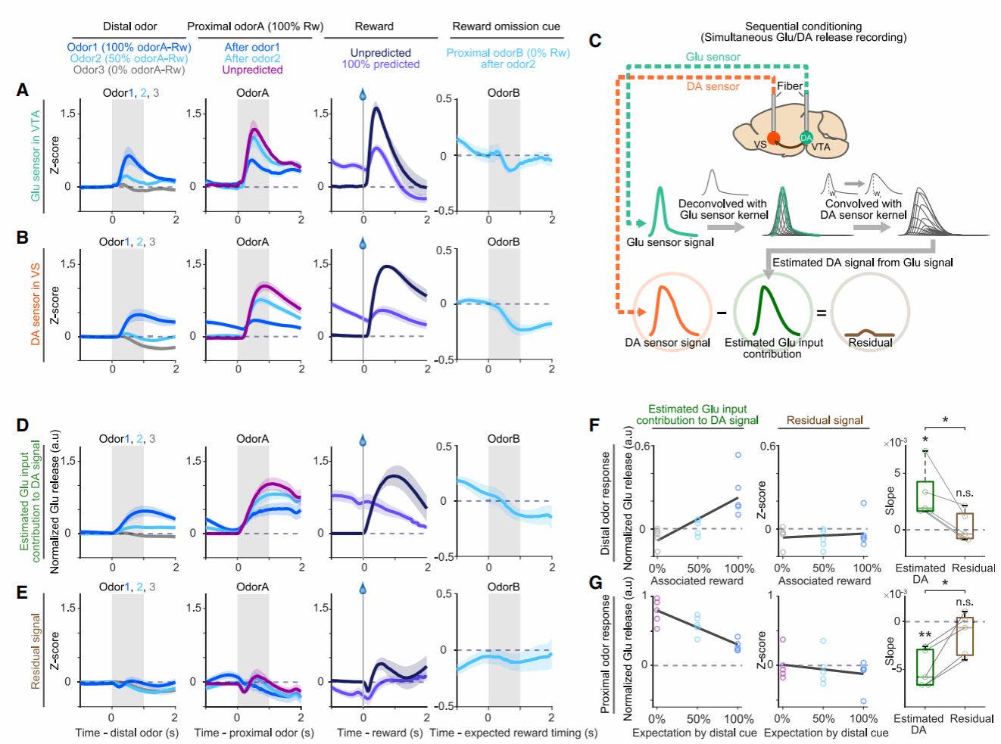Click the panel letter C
[x=595, y=41]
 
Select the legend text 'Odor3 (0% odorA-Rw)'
[x=129, y=70]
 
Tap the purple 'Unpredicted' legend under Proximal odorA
[x=252, y=70]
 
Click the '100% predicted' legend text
[x=380, y=64]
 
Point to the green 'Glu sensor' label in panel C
[x=713, y=57]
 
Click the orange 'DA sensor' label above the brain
[x=713, y=86]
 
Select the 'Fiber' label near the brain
[x=789, y=86]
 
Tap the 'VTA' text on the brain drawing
[x=821, y=147]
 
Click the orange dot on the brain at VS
[x=773, y=138]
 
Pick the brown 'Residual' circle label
[x=870, y=342]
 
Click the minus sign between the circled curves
[x=721, y=312]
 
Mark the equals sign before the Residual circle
[x=821, y=312]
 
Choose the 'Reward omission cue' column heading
[x=506, y=26]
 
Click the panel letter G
[x=596, y=582]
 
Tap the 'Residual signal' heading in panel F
[x=825, y=420]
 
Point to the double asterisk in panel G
[x=925, y=636]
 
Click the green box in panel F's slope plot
[x=925, y=496]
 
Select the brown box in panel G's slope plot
[x=964, y=637]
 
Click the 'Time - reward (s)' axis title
[x=379, y=733]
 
